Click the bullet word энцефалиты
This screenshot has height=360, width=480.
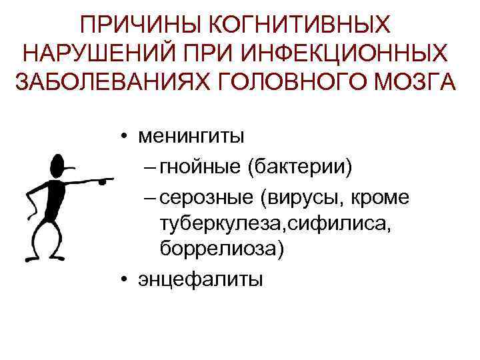200,279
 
